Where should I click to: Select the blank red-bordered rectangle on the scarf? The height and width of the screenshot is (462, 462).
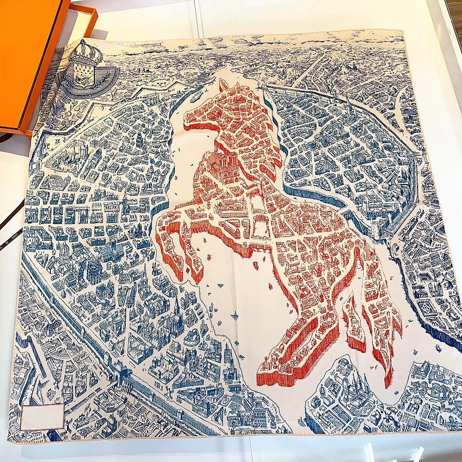[42, 417]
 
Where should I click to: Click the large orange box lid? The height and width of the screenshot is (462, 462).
[28, 65]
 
